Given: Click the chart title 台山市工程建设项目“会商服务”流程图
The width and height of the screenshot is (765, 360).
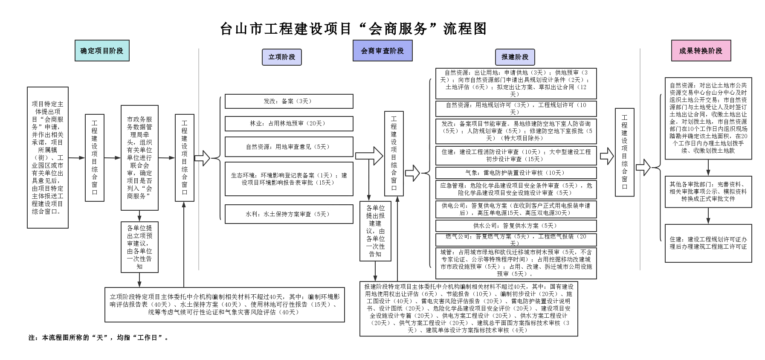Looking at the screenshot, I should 353,29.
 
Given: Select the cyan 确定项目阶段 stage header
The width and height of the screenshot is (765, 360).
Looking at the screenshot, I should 101,51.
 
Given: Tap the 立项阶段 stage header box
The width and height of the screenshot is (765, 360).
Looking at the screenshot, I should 281,57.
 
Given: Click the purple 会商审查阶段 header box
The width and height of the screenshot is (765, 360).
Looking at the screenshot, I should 382,51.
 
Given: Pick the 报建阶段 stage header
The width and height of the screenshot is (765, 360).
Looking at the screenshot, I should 515,57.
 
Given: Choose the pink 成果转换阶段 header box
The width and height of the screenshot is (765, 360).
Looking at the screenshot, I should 701,51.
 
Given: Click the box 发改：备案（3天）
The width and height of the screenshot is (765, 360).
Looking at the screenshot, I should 289,102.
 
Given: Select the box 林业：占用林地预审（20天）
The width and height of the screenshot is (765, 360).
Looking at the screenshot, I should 289,124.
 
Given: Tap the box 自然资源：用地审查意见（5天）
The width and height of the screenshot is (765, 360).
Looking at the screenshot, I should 289,147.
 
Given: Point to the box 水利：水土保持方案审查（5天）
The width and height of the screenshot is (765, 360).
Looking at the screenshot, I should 289,214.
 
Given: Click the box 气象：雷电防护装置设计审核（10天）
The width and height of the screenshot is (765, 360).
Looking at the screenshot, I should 516,173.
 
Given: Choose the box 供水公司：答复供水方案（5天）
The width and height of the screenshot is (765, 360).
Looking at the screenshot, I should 516,226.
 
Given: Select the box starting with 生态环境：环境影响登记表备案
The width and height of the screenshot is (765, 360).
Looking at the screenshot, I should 289,179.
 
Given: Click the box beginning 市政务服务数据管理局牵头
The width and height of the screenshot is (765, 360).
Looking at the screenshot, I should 139,158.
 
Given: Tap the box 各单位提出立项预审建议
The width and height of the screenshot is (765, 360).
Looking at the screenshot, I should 139,247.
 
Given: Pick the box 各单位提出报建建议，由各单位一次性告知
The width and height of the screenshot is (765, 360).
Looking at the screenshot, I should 375,231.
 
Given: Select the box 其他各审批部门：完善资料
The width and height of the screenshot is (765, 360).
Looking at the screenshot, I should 708,192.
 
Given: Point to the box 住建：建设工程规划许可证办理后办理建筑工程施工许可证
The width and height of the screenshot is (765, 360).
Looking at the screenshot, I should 708,243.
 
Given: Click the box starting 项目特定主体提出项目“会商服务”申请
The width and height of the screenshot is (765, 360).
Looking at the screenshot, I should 47,158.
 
